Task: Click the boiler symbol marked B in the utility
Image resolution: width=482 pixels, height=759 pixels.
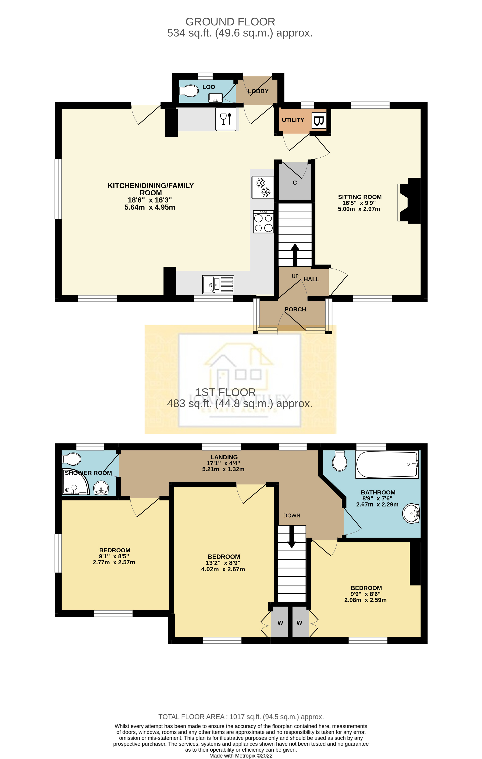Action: [x=319, y=121]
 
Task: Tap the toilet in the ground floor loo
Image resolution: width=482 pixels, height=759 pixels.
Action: [x=189, y=91]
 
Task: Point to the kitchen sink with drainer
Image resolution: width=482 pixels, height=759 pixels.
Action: [x=218, y=284]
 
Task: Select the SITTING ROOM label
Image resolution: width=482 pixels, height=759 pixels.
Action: [x=359, y=197]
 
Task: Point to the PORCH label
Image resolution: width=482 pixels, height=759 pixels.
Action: [x=295, y=309]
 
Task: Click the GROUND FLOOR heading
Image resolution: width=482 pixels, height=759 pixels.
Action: [x=230, y=22]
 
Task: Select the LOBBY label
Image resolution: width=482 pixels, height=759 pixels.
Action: [x=258, y=91]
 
